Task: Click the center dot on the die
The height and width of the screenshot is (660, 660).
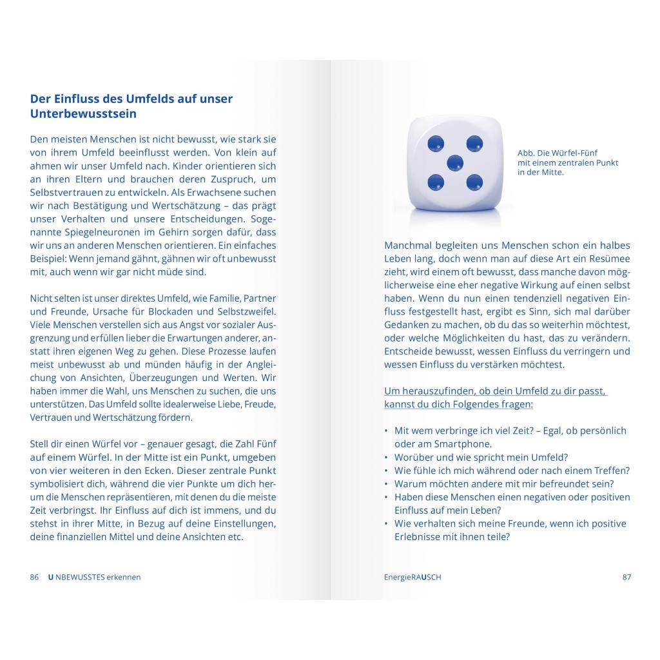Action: pos(455,162)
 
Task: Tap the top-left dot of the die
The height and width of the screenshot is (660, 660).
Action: pos(436,143)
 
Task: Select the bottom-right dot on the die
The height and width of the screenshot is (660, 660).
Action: pos(474,182)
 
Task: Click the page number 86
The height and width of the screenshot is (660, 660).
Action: pos(35,577)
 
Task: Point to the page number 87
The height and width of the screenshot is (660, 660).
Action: pos(626,577)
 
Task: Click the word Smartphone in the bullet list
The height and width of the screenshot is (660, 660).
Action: pos(461,444)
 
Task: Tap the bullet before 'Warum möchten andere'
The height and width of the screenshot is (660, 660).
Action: pos(386,484)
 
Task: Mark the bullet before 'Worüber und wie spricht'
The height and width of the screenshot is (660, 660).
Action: pos(386,458)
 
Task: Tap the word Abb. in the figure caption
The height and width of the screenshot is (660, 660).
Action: pos(527,153)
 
